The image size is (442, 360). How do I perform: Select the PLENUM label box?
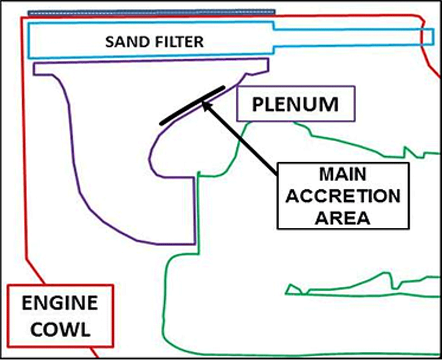295,104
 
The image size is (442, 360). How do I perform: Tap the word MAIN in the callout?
343,175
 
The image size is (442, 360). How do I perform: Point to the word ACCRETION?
343,196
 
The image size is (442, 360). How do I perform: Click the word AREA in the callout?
343,218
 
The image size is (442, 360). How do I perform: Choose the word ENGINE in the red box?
60,303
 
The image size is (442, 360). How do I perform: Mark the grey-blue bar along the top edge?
152,12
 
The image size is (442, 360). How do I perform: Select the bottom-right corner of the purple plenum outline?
195,243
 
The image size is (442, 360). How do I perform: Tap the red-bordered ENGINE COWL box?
60,315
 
